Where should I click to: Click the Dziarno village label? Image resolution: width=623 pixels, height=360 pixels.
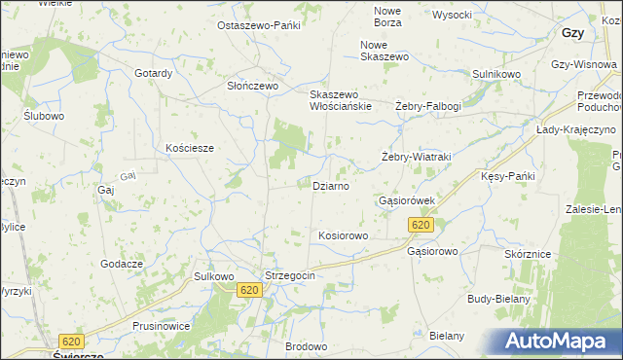click(330, 185)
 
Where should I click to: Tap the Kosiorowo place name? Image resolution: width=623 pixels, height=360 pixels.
click(342, 235)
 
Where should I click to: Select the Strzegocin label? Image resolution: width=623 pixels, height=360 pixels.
click(290, 275)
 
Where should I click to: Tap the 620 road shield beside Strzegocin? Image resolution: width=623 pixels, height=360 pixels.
click(249, 290)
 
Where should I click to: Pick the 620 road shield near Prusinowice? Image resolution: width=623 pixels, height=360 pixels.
click(70, 342)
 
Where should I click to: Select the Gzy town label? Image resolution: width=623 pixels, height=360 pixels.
click(572, 32)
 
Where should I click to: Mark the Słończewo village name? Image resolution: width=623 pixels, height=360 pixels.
click(253, 86)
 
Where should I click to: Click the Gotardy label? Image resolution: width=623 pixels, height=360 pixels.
click(154, 73)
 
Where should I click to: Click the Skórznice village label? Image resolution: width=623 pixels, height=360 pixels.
click(528, 253)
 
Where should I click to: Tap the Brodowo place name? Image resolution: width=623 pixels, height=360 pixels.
click(306, 345)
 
